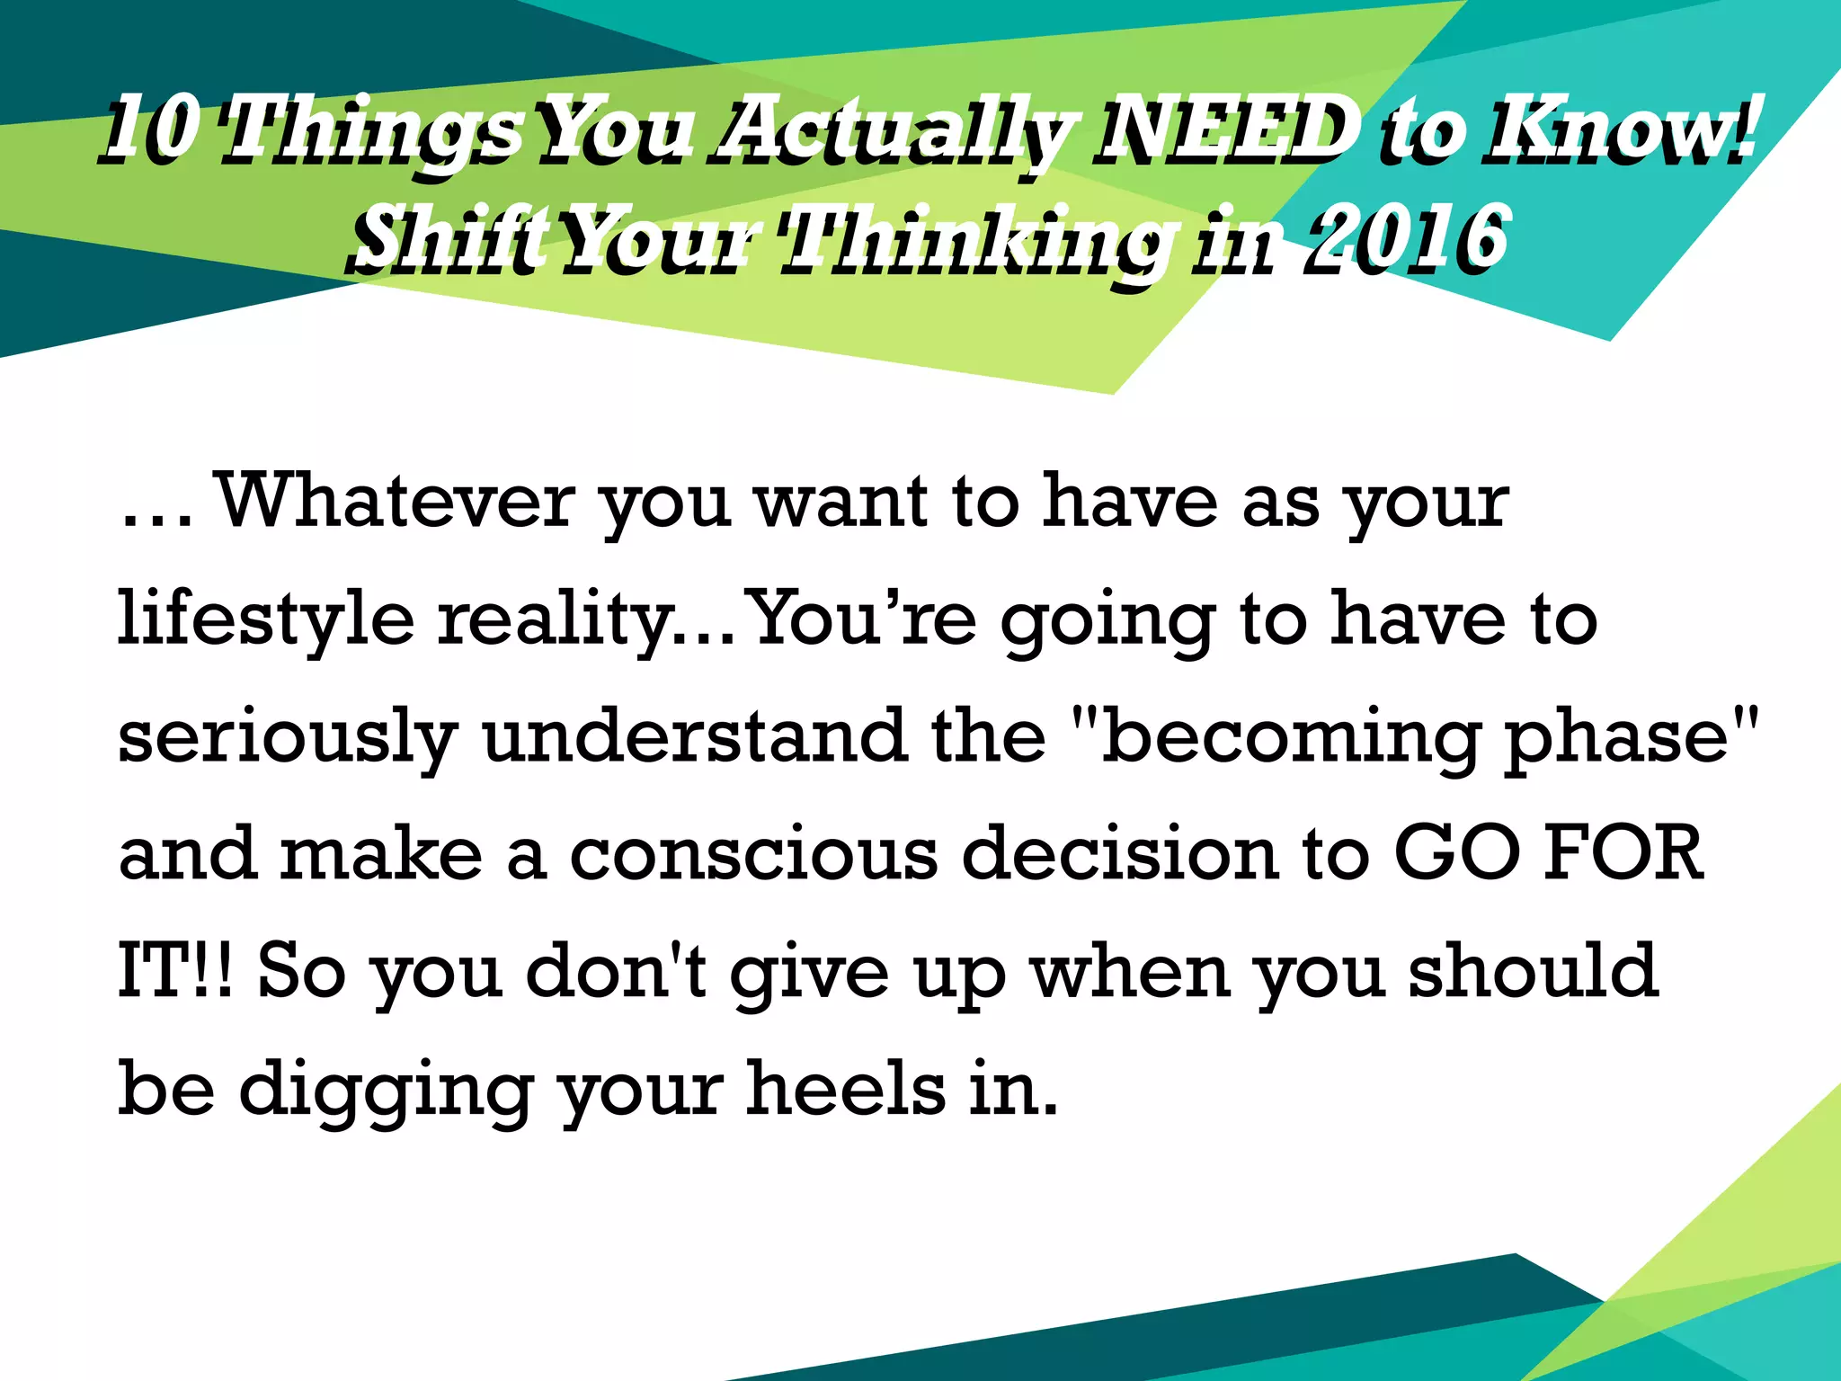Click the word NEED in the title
(1224, 133)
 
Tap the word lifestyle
(266, 620)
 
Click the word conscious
(754, 853)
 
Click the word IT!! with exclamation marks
(176, 971)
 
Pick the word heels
(846, 1088)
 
